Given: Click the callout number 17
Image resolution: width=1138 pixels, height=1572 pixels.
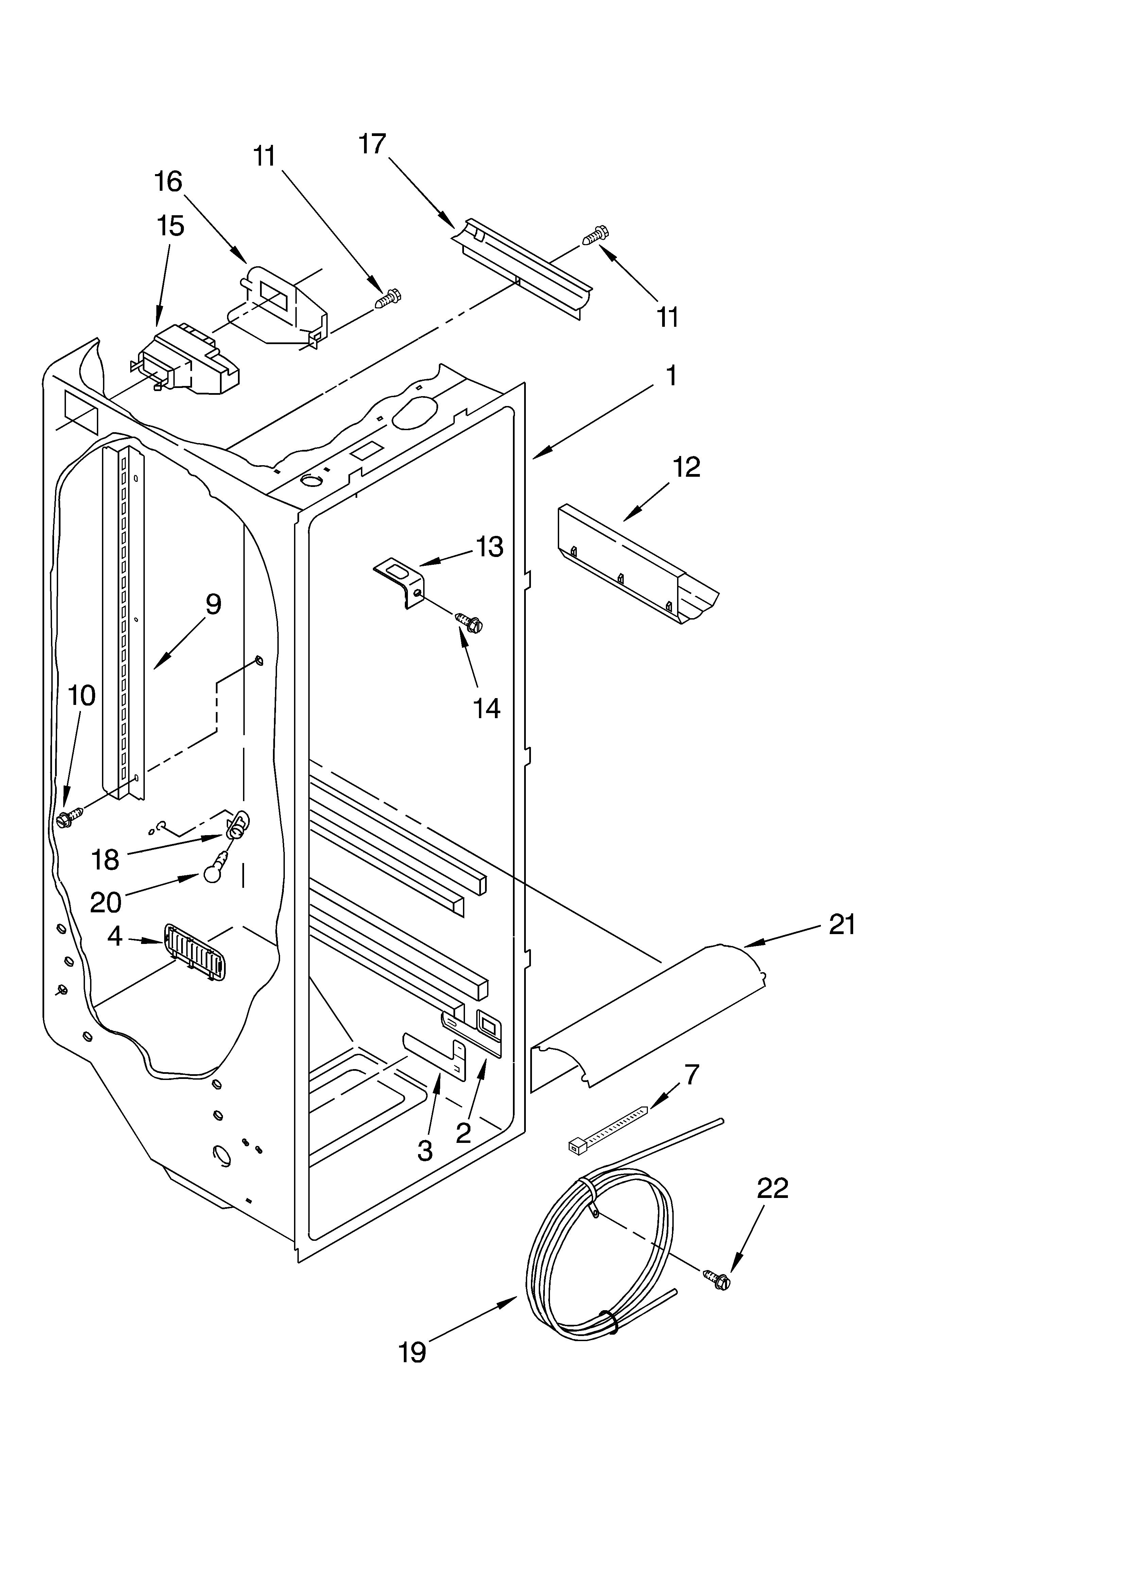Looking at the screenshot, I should click(x=372, y=144).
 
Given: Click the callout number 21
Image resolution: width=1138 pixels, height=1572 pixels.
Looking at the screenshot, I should click(x=842, y=925).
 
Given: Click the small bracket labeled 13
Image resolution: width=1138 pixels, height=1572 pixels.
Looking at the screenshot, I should click(x=401, y=582).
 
